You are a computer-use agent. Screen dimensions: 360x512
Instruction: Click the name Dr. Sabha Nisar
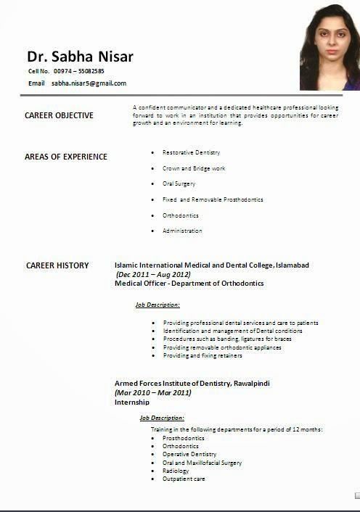coord(80,56)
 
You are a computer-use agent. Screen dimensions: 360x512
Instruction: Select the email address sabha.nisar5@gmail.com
coord(89,83)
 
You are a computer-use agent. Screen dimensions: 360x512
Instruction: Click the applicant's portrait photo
coord(329,47)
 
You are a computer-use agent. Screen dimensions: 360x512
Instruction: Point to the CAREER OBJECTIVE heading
coord(59,115)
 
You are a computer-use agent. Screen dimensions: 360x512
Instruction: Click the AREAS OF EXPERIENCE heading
coord(65,157)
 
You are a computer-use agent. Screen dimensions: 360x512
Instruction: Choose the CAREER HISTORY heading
coord(57,265)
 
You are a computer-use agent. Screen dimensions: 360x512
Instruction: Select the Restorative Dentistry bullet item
coord(191,152)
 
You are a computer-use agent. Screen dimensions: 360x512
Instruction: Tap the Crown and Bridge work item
coord(193,168)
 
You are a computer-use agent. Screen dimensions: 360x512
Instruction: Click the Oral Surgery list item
coord(179,183)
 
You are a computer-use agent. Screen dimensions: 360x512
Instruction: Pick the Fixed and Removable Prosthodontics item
coord(212,199)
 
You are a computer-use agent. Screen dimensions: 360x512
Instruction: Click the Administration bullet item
coord(182,231)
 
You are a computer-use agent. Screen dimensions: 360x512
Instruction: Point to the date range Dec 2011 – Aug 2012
coord(153,275)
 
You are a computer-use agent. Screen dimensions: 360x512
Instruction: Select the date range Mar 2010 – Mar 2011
coord(153,392)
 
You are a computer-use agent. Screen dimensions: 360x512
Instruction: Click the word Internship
coord(132,402)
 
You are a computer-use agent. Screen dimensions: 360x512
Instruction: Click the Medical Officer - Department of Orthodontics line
coord(189,284)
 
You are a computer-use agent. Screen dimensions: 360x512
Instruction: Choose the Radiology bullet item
coord(176,471)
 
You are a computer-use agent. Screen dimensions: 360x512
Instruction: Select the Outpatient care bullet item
coord(184,479)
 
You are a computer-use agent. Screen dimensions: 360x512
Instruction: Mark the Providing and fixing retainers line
coord(202,355)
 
